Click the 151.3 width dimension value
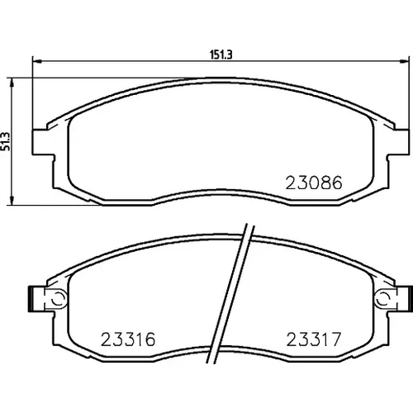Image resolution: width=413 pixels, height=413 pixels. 221,55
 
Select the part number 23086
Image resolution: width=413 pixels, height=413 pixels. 314,183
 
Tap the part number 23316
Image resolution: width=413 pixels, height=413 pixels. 128,339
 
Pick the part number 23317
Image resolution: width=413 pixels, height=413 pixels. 314,339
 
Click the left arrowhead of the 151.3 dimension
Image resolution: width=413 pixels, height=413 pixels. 36,61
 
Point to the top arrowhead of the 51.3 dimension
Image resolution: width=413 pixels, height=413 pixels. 11,82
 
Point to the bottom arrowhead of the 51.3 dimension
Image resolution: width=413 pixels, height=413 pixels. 11,201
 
